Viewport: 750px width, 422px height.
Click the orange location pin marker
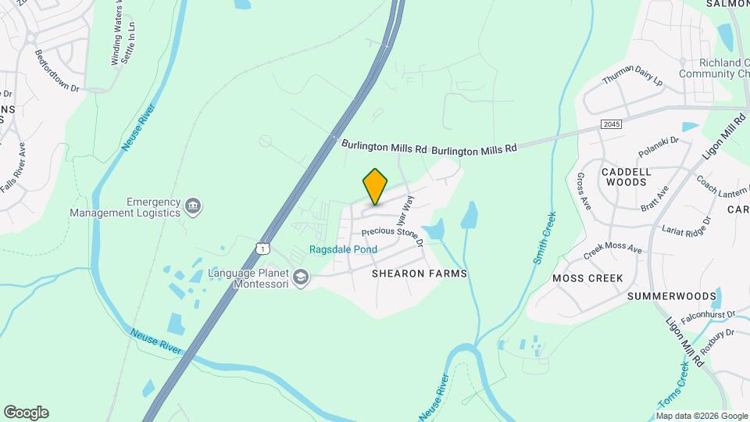[x=376, y=186]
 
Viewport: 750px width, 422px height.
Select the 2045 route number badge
[x=612, y=124]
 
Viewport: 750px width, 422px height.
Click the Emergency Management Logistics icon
[x=193, y=206]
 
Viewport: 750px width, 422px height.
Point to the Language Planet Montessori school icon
[x=301, y=277]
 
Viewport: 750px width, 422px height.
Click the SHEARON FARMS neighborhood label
[x=420, y=274]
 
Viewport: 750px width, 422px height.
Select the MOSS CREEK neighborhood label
[x=587, y=278]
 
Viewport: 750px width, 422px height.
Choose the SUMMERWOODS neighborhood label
[x=672, y=296]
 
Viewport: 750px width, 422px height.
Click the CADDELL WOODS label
[x=624, y=176]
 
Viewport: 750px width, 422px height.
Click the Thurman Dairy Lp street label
[x=632, y=77]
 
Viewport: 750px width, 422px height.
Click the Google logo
[x=26, y=413]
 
